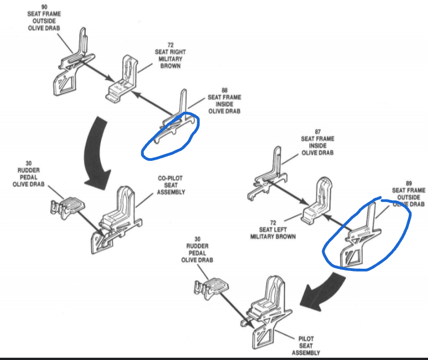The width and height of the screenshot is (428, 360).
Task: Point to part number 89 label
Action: [408, 183]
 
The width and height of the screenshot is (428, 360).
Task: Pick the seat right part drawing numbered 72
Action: [125, 82]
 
